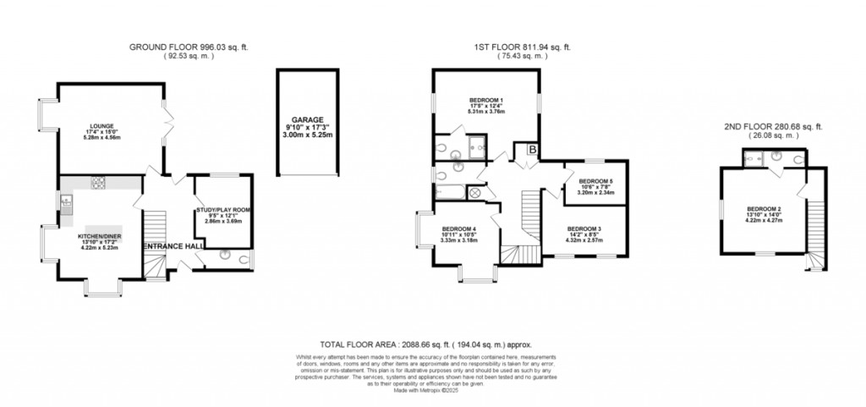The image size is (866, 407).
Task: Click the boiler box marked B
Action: tap(531, 150)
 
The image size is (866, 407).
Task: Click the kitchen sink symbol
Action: tap(65, 201)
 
